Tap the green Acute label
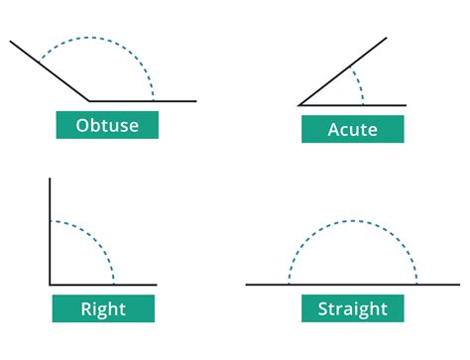tap(352, 129)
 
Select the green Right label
tap(103, 308)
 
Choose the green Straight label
tap(352, 308)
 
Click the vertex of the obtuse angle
tap(89, 100)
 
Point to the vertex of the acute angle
tap(299, 104)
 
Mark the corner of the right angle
tap(49, 286)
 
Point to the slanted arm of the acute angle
tap(342, 72)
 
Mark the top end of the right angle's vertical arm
tap(49, 180)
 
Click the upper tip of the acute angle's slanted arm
tap(384, 41)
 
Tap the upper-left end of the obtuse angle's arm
tap(11, 42)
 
